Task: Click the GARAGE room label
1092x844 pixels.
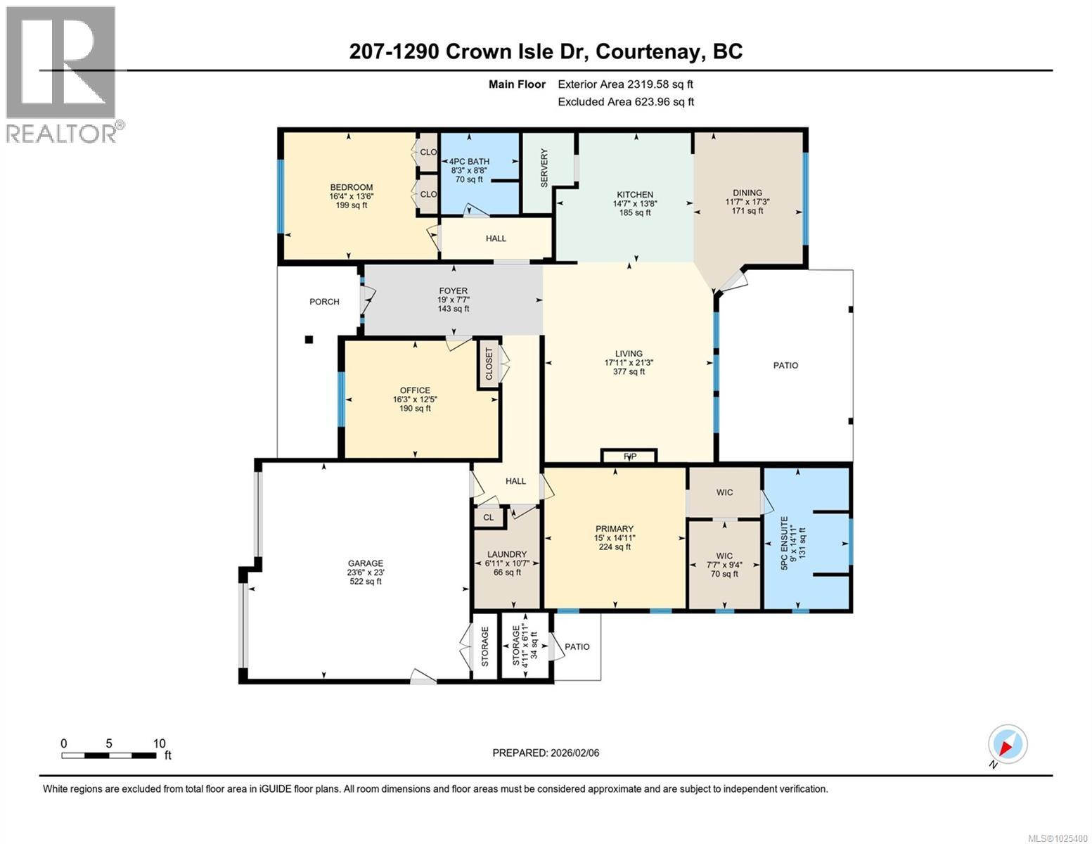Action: click(x=366, y=563)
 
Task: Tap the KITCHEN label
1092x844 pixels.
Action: click(x=635, y=195)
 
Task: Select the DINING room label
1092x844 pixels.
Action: click(x=747, y=193)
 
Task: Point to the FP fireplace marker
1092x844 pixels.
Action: click(x=629, y=456)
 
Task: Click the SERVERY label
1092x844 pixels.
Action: click(x=544, y=167)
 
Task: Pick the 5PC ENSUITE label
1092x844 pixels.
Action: click(x=792, y=546)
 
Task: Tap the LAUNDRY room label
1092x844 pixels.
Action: click(x=506, y=554)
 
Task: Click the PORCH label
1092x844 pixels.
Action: click(x=324, y=302)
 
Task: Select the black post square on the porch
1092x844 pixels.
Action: click(x=309, y=340)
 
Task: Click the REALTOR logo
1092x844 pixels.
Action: click(x=62, y=74)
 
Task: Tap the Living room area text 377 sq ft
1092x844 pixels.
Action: click(x=629, y=371)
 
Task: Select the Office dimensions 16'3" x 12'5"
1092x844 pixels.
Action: click(x=415, y=399)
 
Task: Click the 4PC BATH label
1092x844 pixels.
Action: click(x=469, y=161)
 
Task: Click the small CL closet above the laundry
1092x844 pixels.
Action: click(x=489, y=518)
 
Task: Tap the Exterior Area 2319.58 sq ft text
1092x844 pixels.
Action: click(x=625, y=84)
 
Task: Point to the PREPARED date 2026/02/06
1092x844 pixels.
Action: click(x=546, y=753)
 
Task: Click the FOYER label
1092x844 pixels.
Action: click(x=453, y=290)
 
